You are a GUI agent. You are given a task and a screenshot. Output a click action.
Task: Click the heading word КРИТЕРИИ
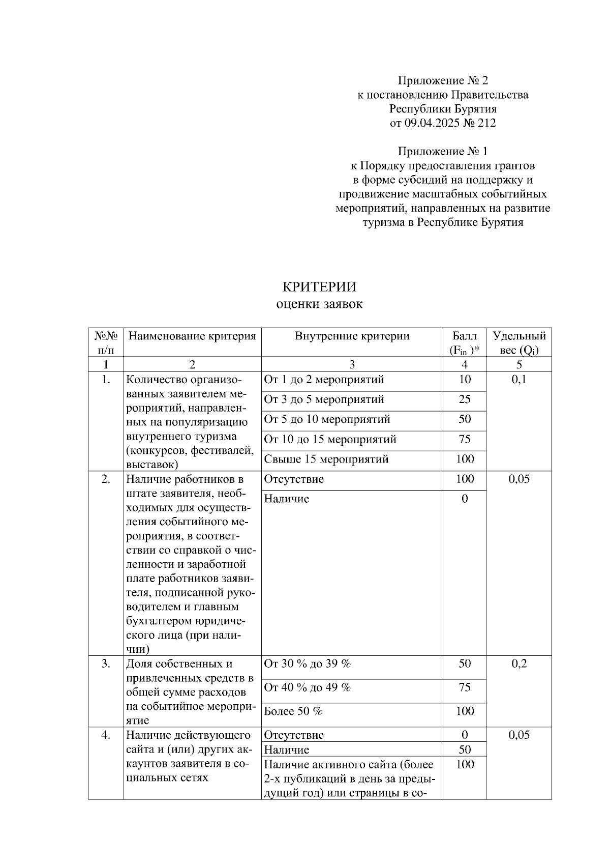coord(319,286)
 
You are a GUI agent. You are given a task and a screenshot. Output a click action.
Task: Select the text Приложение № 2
coord(443,80)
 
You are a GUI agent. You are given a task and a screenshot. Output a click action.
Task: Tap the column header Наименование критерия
coord(192,336)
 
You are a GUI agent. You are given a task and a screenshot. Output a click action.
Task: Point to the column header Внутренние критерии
coord(352,336)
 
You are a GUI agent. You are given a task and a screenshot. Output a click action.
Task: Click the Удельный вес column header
coord(519,342)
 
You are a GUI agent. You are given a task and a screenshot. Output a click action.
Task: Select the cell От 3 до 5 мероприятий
coord(324,399)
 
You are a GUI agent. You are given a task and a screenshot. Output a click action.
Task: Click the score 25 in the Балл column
coord(464,399)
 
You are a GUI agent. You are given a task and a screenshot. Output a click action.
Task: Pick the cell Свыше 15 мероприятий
coord(326,459)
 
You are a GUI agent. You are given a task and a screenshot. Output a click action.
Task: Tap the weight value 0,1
coord(519,380)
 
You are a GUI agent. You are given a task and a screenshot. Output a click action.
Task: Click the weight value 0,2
coord(519,664)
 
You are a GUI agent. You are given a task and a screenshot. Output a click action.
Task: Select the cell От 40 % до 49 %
coord(308,687)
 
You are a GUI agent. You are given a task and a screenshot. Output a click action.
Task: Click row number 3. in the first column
coord(105,664)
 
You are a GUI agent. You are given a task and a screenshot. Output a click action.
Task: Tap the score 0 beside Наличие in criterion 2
coord(464,499)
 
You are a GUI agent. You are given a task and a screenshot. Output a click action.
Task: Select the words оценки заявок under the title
coord(319,304)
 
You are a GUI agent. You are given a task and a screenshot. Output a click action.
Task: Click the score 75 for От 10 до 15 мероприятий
coord(464,439)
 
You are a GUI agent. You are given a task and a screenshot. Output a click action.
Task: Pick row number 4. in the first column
coord(105,735)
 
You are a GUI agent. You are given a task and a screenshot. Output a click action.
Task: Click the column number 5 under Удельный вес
coord(519,364)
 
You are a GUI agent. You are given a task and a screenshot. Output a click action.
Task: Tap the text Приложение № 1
coord(443,151)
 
